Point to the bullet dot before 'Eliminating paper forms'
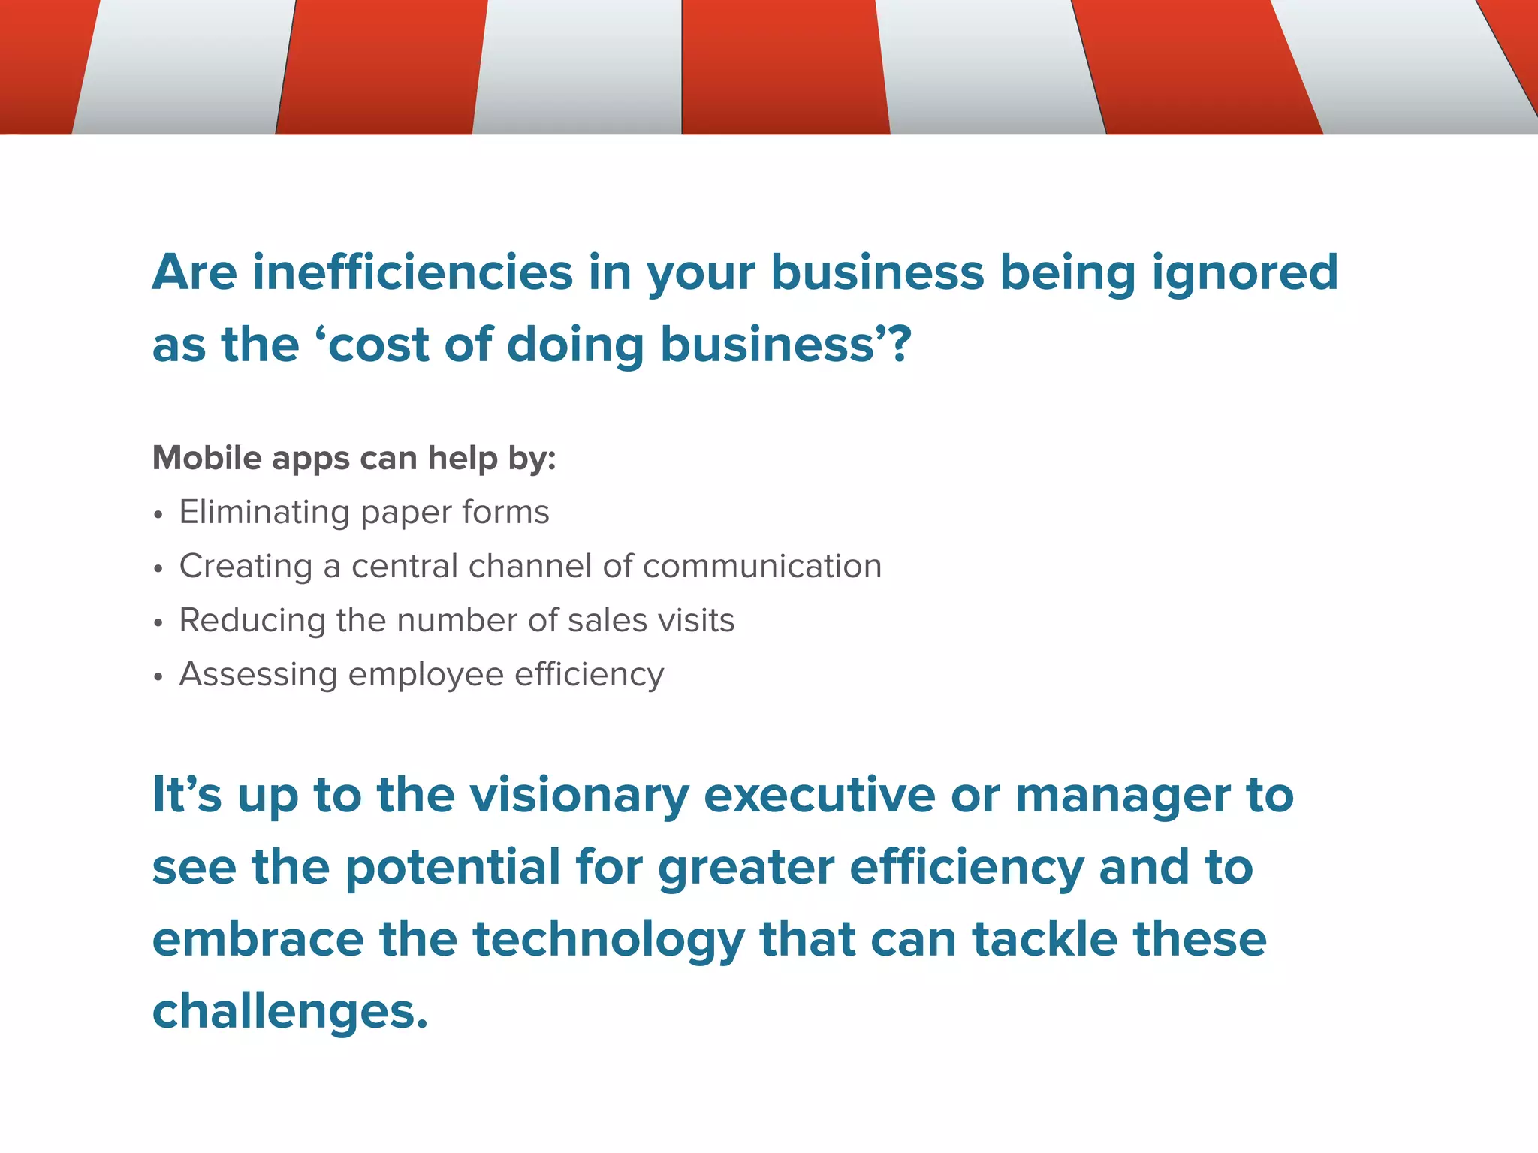point(158,516)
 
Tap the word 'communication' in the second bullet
point(762,567)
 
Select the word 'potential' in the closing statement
point(453,868)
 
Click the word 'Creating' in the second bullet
point(246,567)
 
